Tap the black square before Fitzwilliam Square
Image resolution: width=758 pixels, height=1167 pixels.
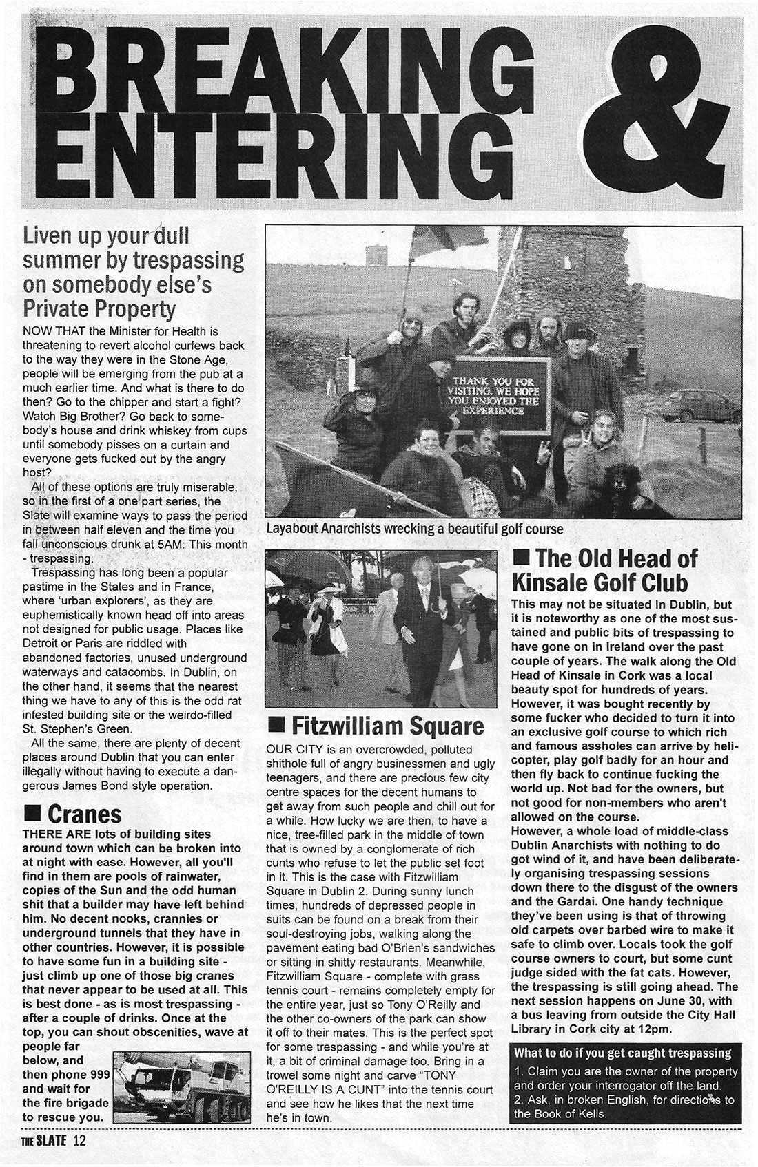(276, 726)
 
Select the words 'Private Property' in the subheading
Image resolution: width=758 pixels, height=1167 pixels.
(99, 307)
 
